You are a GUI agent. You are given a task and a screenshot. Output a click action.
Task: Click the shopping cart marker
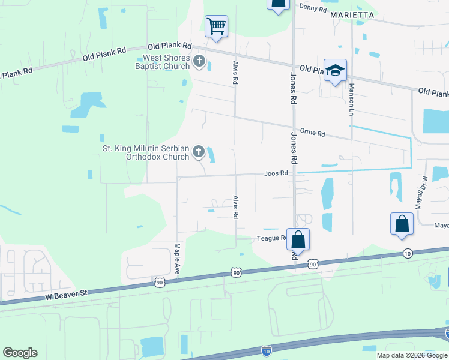coord(216,26)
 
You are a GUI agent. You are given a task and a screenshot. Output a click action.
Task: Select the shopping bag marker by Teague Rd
coord(298,240)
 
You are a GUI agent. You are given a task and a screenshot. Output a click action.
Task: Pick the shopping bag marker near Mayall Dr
coord(402,224)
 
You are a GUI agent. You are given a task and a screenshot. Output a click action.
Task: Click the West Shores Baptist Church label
coord(166,62)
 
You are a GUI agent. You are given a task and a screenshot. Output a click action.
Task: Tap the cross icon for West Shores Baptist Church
coord(199,62)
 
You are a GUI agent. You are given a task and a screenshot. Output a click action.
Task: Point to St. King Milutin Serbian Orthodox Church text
coord(146,152)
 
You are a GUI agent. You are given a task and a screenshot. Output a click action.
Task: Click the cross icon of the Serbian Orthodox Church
coord(199,153)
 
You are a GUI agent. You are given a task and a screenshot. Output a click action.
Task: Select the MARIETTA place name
coord(352,14)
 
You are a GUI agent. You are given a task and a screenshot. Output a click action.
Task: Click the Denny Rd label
coord(313,9)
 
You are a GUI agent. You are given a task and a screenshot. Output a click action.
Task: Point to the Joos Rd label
coord(276,173)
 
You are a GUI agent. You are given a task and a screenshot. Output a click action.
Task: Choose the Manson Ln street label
coord(351,98)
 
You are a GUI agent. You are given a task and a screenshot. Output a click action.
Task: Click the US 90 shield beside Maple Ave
coord(159,281)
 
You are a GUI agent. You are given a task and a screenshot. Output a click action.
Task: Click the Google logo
coord(20,353)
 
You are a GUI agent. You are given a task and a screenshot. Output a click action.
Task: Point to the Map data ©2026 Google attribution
coord(411,355)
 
